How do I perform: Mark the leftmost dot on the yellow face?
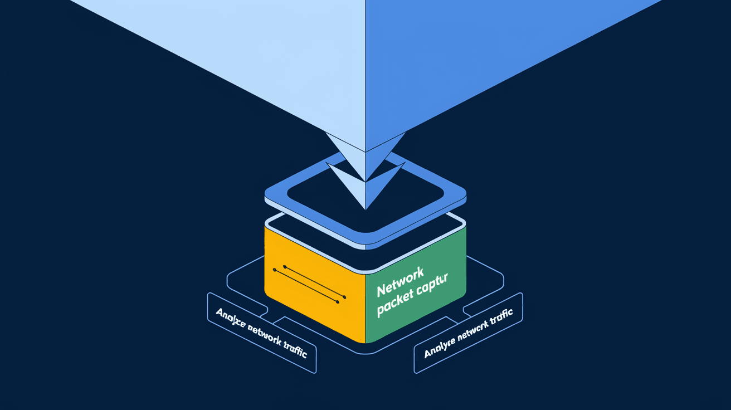click(x=274, y=270)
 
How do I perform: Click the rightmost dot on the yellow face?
click(x=345, y=297)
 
